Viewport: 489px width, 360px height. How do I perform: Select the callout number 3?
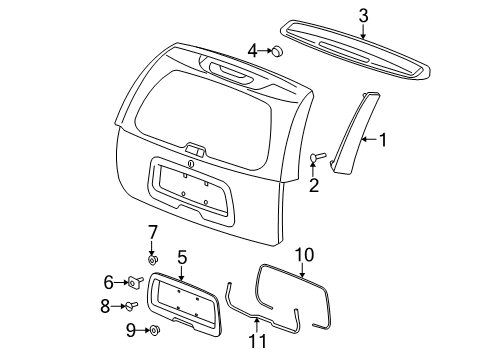click(363, 14)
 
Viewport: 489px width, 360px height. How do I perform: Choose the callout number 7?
click(153, 232)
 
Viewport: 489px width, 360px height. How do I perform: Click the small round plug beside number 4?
click(276, 51)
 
